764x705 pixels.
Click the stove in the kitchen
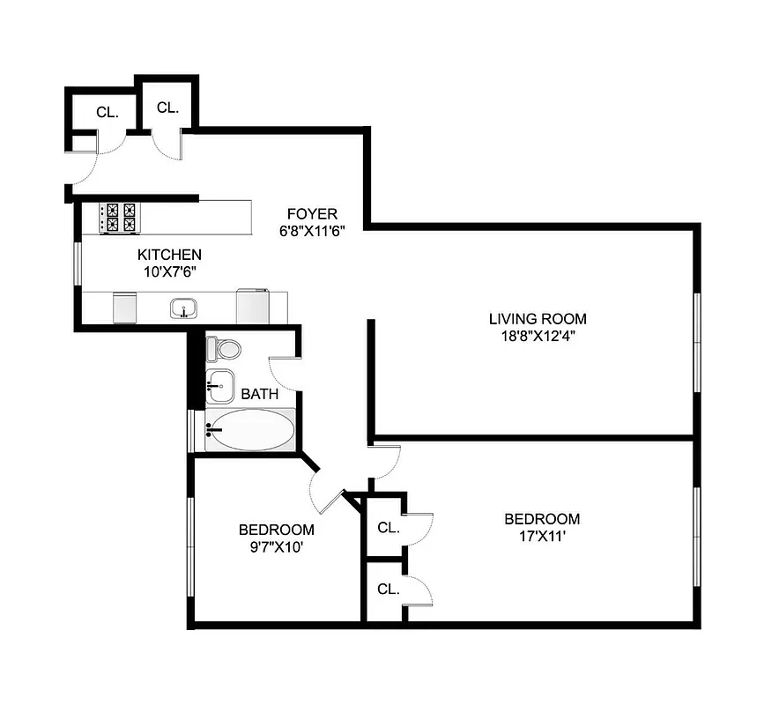point(120,218)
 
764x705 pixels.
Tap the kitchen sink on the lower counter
point(183,308)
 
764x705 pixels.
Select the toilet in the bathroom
point(224,348)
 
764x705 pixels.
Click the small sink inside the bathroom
point(219,383)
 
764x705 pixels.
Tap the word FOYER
point(312,214)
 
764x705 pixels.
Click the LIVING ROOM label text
point(538,319)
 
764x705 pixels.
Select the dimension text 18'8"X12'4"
point(538,336)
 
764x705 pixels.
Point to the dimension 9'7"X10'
point(276,546)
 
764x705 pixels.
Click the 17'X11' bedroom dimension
point(541,536)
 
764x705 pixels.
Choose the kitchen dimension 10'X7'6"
point(168,271)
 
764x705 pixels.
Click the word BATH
point(259,394)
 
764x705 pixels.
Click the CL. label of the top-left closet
point(107,112)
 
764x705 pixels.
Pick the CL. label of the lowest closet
point(388,589)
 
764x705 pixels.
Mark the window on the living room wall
point(697,341)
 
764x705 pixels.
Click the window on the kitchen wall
point(78,262)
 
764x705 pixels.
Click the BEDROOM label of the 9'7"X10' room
point(276,530)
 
